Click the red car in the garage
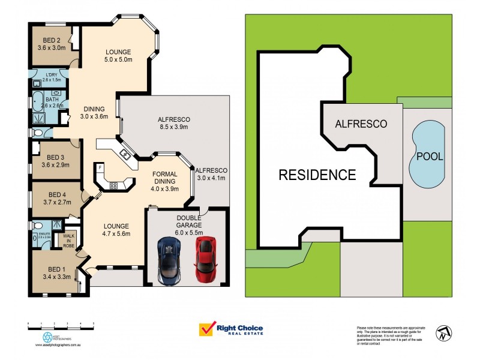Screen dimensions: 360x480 [x=206, y=259]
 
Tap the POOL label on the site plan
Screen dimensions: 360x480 [x=430, y=157]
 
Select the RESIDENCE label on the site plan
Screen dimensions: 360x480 [x=317, y=175]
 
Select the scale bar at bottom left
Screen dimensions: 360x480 [x=61, y=324]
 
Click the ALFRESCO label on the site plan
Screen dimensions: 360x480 [x=361, y=124]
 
